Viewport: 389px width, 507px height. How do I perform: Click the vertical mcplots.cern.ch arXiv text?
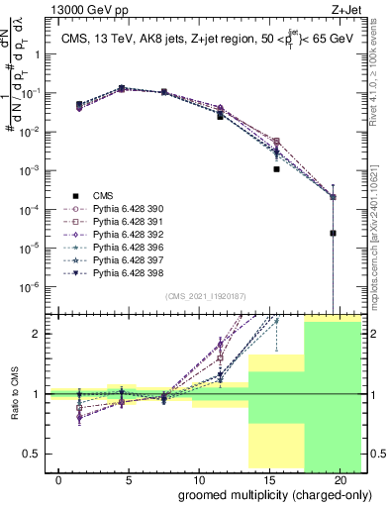pos(380,228)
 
